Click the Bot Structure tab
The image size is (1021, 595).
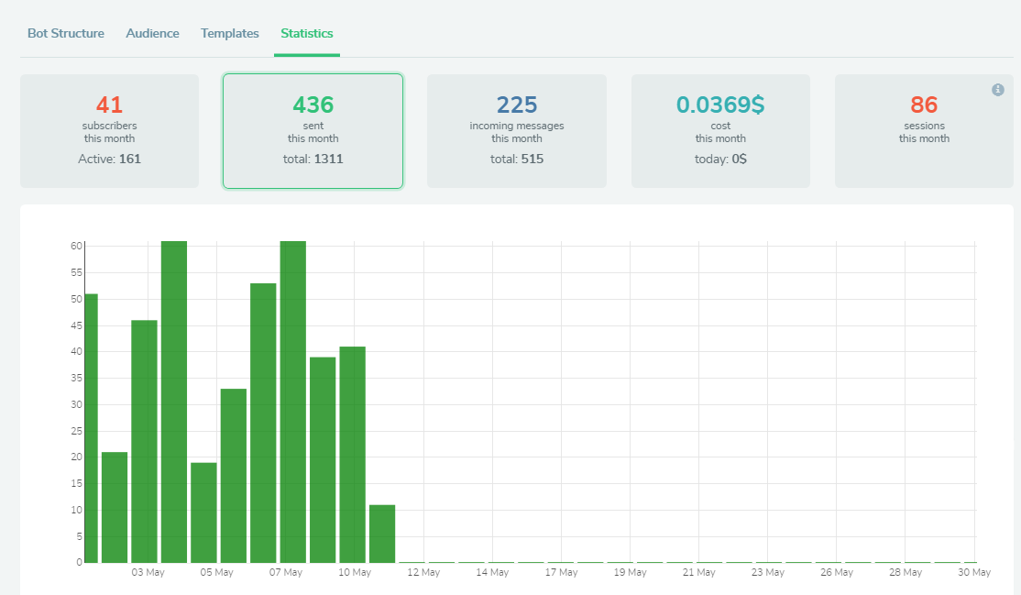click(65, 33)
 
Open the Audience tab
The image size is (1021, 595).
click(152, 33)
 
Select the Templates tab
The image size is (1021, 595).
click(230, 33)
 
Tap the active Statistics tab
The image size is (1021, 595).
click(307, 33)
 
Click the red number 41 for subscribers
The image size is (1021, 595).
click(109, 105)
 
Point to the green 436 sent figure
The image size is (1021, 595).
click(313, 105)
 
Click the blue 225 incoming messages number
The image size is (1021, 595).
click(516, 105)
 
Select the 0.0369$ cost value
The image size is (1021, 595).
click(720, 105)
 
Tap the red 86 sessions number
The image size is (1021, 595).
click(924, 105)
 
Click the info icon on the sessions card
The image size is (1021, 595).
click(998, 90)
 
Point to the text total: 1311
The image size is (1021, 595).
click(313, 159)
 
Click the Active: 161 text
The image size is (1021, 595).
click(109, 159)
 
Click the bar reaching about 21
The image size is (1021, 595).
click(115, 507)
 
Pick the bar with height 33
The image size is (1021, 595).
click(234, 475)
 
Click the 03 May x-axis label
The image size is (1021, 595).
click(148, 573)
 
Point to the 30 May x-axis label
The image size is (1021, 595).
click(974, 573)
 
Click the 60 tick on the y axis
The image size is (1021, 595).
click(76, 246)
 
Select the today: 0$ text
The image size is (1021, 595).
click(720, 159)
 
